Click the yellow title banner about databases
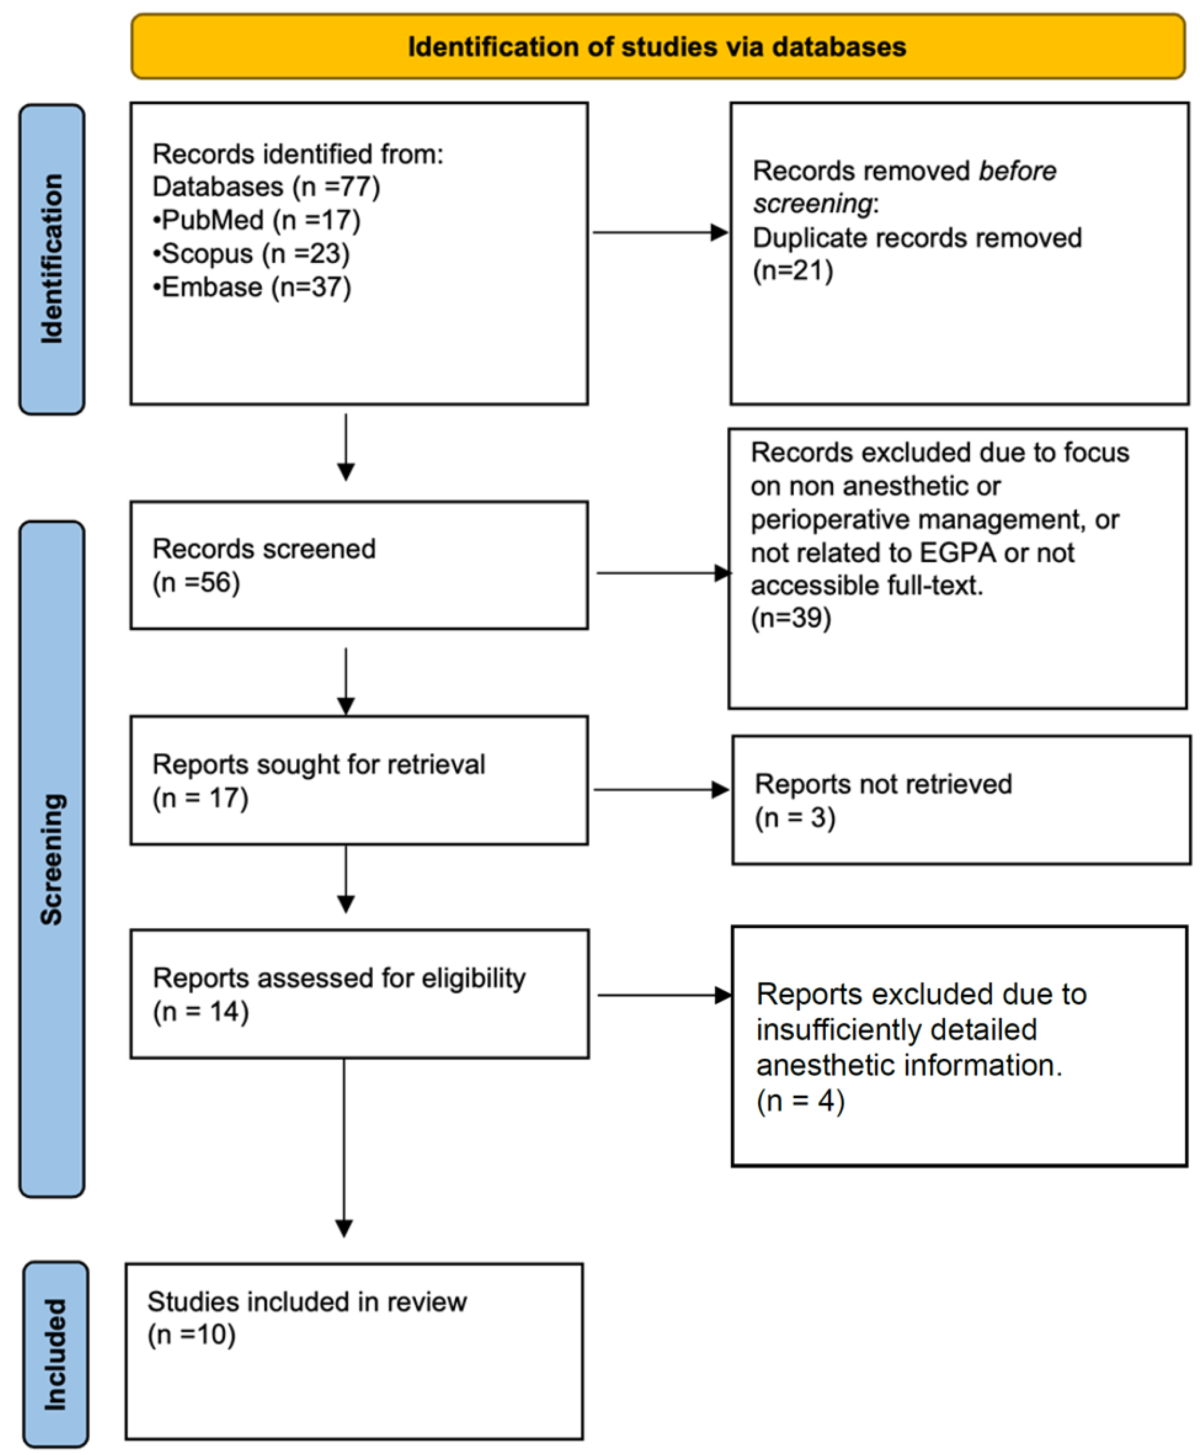point(657,46)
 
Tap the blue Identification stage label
point(52,259)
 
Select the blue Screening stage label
point(52,859)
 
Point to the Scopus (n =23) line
point(251,254)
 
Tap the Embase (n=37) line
point(252,287)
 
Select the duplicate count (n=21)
point(793,270)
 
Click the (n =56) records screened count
point(196,582)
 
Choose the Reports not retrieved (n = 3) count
point(795,818)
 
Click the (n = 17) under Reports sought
point(200,798)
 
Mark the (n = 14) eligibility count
point(200,1012)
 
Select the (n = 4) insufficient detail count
point(801,1101)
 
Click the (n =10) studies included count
point(191,1334)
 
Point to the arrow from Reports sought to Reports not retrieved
point(662,790)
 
